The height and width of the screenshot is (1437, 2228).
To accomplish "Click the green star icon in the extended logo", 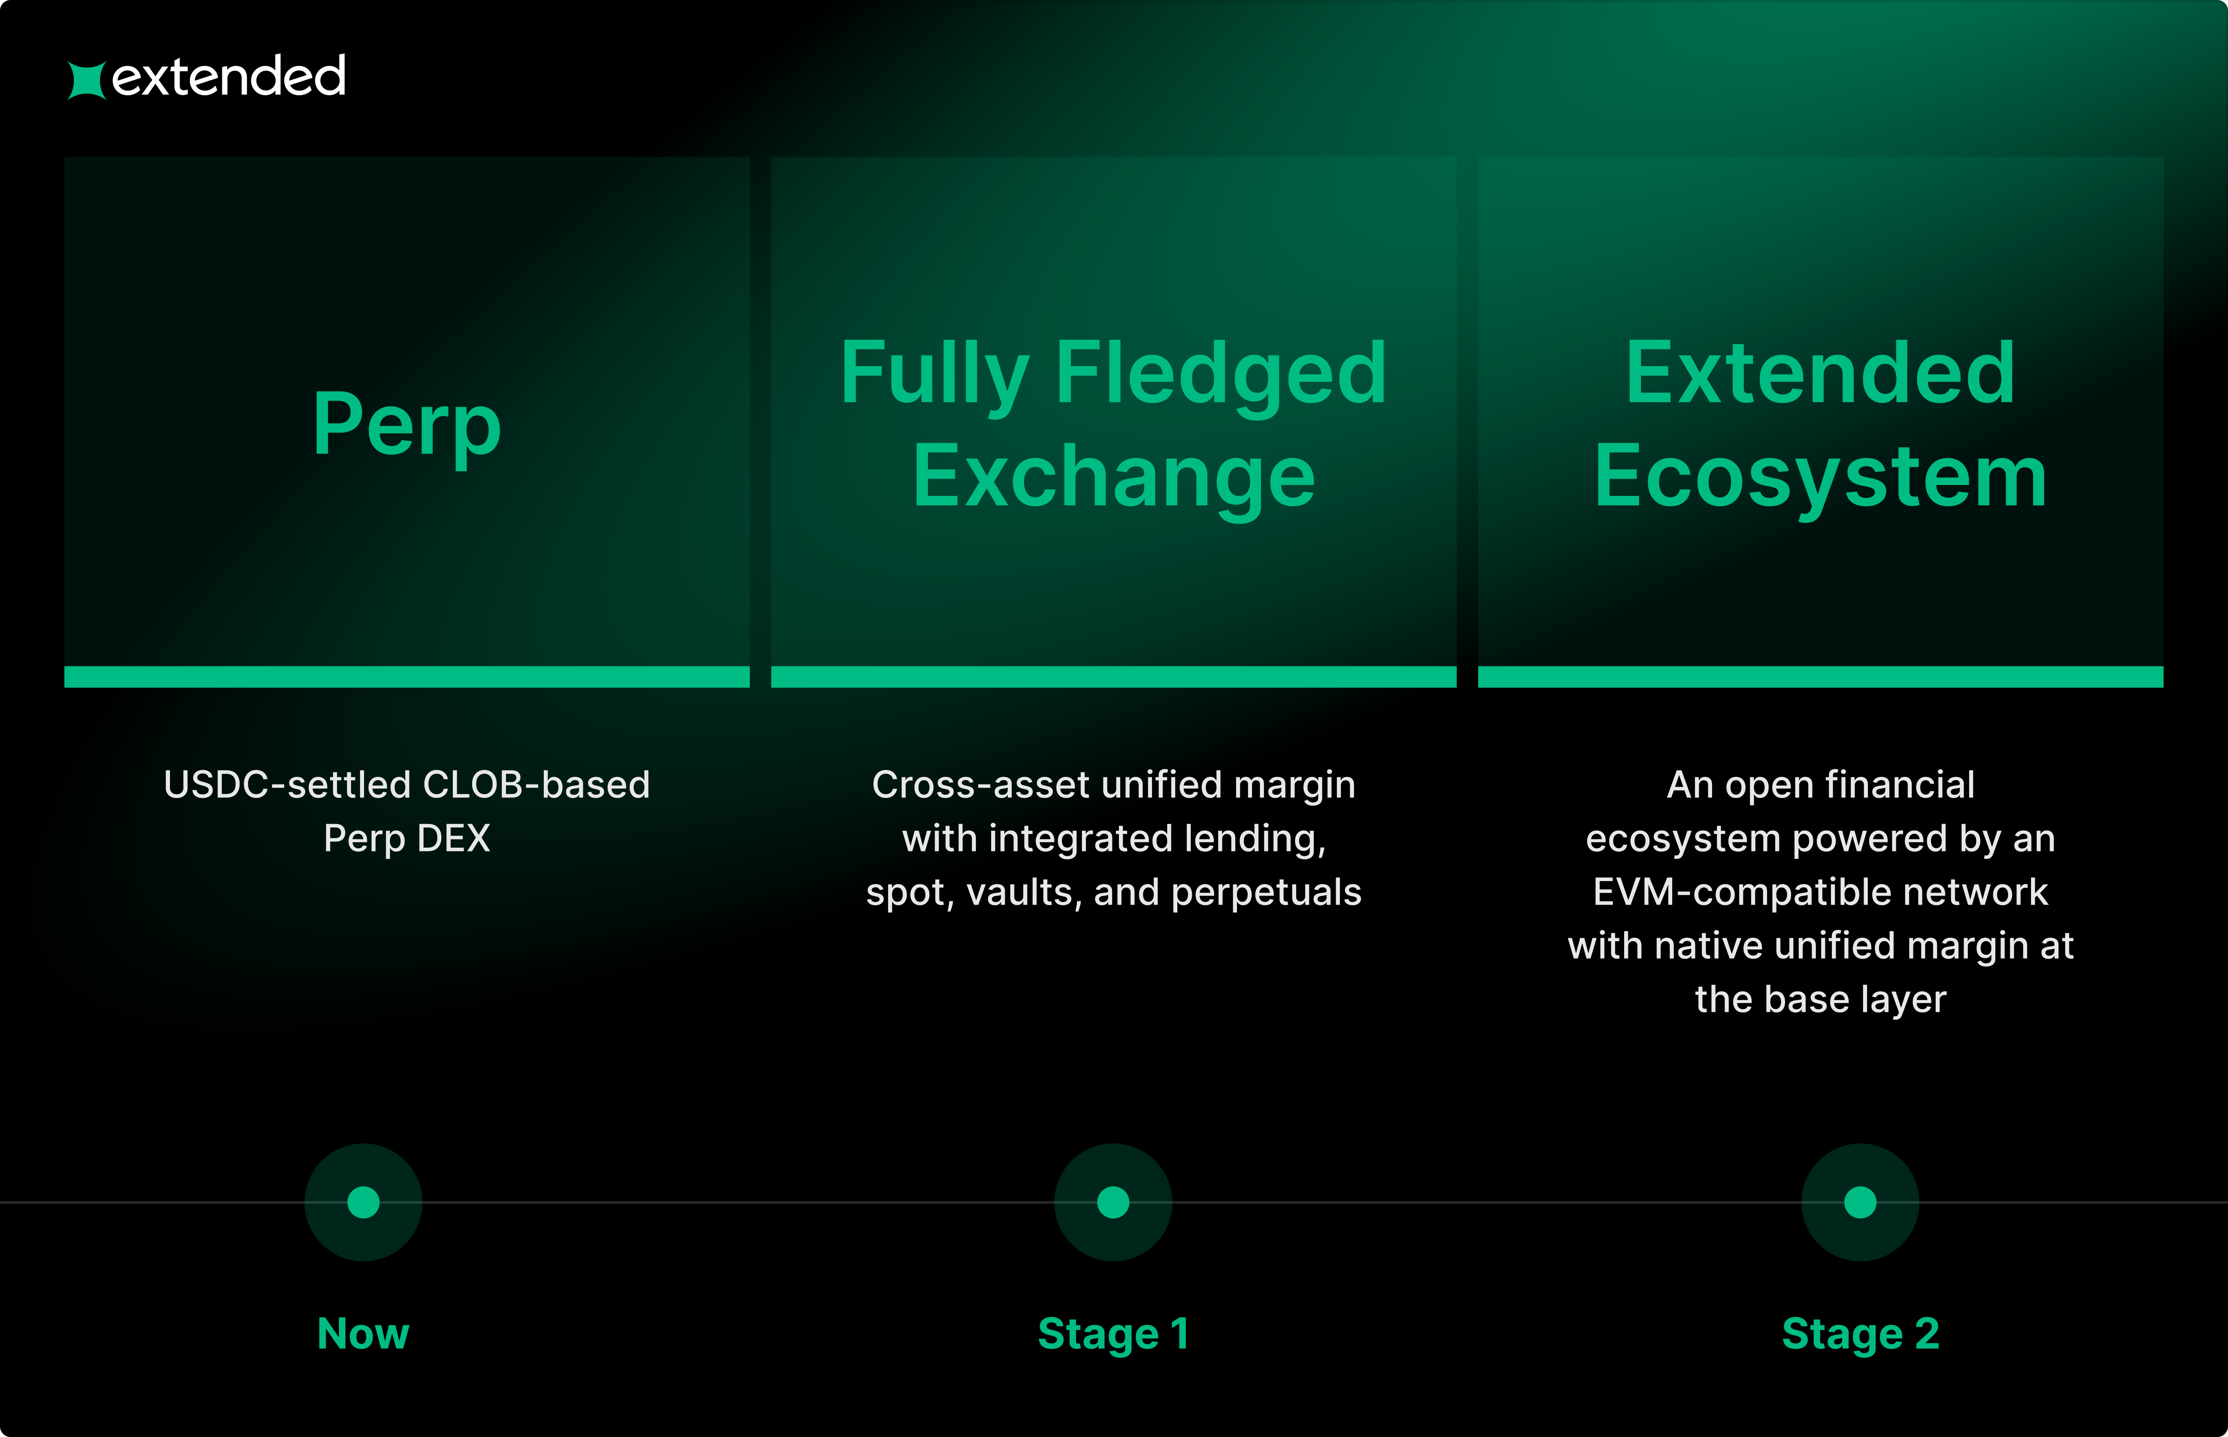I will click(87, 80).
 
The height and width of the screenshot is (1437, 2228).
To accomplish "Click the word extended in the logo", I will click(229, 76).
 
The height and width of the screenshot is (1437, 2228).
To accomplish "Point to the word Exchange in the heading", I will click(1113, 478).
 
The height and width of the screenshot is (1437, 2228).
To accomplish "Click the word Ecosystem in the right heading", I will click(1820, 478).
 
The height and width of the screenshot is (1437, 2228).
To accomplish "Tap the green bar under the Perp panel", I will click(407, 676).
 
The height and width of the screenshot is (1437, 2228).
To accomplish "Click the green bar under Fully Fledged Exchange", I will click(1113, 676).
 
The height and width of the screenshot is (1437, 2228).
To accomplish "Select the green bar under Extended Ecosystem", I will click(1820, 676).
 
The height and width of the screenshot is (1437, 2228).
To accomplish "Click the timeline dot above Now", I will click(363, 1202).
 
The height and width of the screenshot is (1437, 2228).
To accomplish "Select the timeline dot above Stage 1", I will click(1112, 1202).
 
